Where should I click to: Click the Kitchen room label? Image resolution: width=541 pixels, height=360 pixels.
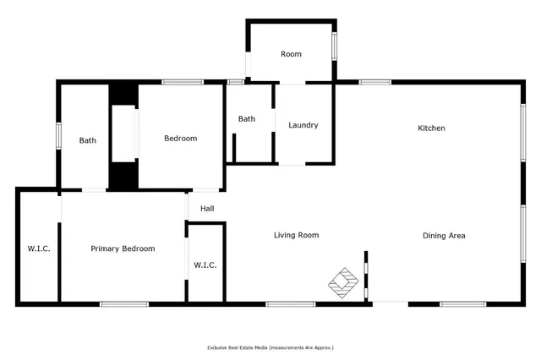[431, 128]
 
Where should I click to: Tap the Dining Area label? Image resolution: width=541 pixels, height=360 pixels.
[444, 236]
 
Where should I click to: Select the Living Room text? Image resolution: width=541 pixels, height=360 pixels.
[296, 236]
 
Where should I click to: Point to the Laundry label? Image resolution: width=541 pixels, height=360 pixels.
[303, 125]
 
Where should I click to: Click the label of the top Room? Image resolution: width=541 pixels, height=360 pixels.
[291, 54]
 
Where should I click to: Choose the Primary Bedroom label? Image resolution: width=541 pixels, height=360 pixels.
[123, 248]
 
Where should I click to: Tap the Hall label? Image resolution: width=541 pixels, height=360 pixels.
[207, 209]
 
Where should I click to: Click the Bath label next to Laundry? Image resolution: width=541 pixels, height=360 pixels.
[247, 119]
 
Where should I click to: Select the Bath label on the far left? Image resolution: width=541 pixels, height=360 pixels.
[88, 140]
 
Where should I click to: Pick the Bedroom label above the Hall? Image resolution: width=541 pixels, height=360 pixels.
[180, 139]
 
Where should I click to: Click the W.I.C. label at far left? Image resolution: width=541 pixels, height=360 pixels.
[37, 248]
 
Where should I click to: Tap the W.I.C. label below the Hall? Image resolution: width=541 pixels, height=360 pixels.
[205, 265]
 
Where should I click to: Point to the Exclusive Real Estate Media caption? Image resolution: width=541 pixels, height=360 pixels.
[270, 347]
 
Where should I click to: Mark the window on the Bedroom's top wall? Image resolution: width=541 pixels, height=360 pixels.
[182, 82]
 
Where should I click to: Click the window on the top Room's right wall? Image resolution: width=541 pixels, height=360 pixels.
[334, 46]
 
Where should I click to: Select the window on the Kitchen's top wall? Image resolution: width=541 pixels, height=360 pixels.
[374, 82]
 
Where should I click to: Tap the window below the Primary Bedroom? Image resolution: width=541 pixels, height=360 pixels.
[124, 303]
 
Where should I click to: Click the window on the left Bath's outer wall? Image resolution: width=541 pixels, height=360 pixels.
[57, 136]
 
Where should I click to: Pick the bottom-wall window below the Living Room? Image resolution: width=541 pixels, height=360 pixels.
[291, 303]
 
